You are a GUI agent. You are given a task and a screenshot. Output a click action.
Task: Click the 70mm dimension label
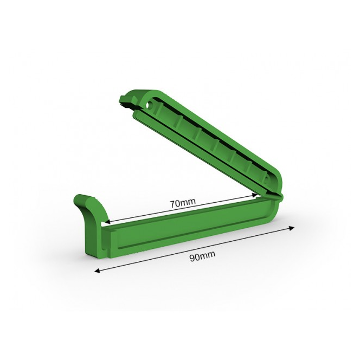pyautogui.click(x=183, y=203)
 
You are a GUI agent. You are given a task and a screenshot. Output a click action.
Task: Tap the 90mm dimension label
pyautogui.click(x=202, y=256)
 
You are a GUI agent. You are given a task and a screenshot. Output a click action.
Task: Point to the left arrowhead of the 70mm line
pyautogui.click(x=107, y=222)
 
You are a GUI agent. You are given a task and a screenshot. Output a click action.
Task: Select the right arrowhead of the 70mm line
pyautogui.click(x=254, y=195)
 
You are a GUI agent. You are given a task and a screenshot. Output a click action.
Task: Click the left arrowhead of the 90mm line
pyautogui.click(x=98, y=271)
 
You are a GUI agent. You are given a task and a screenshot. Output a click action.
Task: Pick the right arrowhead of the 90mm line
pyautogui.click(x=291, y=228)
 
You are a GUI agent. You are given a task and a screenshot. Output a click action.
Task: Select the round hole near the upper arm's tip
pyautogui.click(x=150, y=105)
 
